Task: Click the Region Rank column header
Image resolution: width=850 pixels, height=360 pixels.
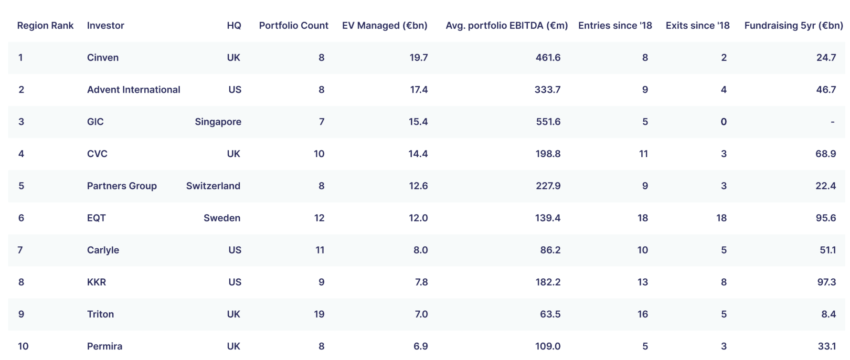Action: [x=45, y=25]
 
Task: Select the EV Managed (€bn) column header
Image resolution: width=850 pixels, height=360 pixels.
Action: [x=385, y=25]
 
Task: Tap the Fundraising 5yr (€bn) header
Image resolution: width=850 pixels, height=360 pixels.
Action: [x=794, y=25]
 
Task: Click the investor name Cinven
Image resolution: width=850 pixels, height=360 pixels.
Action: [x=103, y=57]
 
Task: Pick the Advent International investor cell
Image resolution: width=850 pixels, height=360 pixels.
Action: [x=134, y=89]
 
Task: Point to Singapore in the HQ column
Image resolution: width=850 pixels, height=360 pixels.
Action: [x=218, y=122]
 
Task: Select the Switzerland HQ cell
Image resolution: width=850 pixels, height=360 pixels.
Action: [x=213, y=186]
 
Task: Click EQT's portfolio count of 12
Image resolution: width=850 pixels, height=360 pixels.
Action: [x=319, y=218]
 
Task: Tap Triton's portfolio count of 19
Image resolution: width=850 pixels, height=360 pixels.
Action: [x=319, y=314]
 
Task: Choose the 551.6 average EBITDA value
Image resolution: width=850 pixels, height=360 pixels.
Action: [x=548, y=122]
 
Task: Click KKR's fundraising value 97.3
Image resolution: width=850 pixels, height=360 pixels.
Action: [x=827, y=282]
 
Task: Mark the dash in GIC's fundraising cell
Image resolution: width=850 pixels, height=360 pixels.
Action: [x=832, y=122]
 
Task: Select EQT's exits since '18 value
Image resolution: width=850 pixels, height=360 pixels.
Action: [x=722, y=218]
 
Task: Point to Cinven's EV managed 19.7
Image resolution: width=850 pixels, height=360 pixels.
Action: [x=419, y=57]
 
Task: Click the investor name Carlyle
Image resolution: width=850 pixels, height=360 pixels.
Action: [x=103, y=250]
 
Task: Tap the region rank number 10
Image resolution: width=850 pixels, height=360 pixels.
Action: [x=23, y=346]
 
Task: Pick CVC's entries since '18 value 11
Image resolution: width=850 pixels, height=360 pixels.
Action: [x=644, y=154]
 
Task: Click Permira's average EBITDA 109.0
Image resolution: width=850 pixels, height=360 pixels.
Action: [x=548, y=346]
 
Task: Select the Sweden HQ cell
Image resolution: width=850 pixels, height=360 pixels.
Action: [x=222, y=218]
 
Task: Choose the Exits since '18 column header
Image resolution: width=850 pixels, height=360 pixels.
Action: [x=698, y=25]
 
